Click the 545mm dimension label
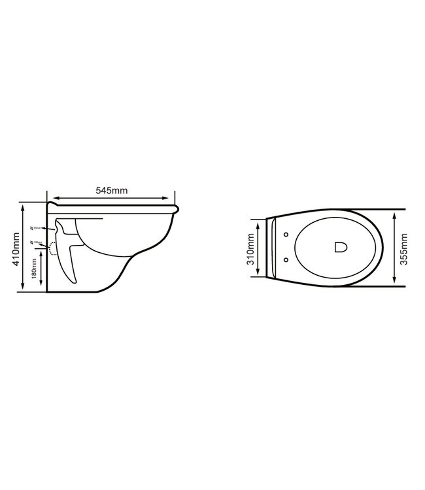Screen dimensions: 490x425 coord(112,191)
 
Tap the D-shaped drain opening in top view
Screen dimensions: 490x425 coord(341,247)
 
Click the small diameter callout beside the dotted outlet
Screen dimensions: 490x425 coord(36,243)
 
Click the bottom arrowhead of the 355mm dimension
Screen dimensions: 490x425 coord(394,282)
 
